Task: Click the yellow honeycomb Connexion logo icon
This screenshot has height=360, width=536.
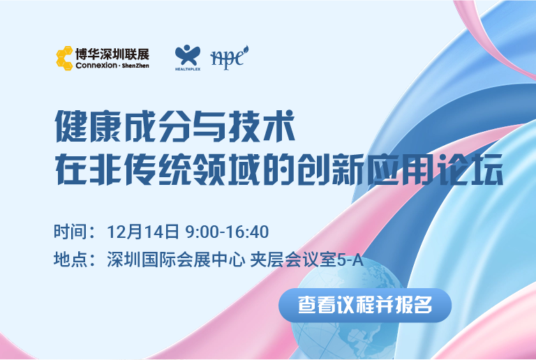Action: [64, 58]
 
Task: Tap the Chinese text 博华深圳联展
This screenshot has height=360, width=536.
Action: [112, 54]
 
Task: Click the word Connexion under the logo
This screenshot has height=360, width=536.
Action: [96, 66]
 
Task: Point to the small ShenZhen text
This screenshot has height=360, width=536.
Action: [135, 66]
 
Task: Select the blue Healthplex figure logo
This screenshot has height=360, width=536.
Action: [187, 57]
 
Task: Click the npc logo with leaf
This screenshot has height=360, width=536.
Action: [229, 57]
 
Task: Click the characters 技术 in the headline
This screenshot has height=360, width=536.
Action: [262, 126]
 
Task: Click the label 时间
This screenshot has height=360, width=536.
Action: [70, 232]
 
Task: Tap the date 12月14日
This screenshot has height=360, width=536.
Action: [143, 232]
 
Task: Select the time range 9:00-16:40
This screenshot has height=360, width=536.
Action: [227, 232]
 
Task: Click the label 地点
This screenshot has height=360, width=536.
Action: [70, 260]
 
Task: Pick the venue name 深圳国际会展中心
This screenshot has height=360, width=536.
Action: [176, 260]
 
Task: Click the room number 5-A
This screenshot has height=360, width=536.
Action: [350, 260]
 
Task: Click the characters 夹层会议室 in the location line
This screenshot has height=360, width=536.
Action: [294, 260]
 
